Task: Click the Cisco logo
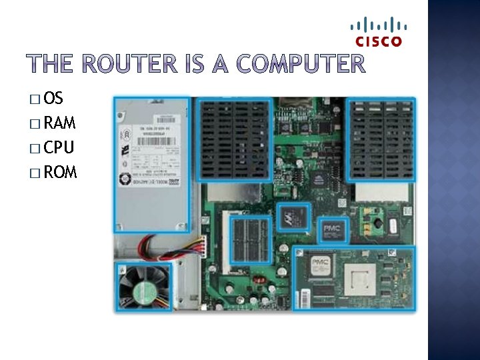[x=379, y=33]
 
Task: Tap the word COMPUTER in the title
[x=301, y=65]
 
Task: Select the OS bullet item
[x=53, y=99]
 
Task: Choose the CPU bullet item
[x=58, y=147]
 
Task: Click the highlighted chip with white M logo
[x=294, y=215]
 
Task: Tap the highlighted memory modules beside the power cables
[x=249, y=238]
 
